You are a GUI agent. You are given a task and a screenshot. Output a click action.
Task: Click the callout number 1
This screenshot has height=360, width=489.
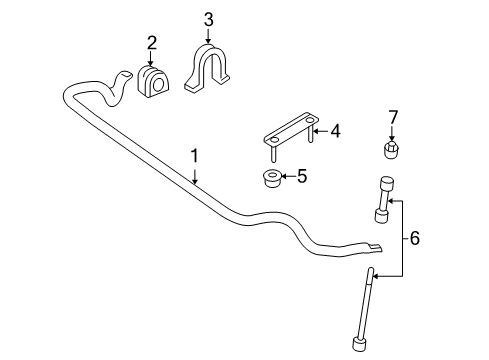pos(194,156)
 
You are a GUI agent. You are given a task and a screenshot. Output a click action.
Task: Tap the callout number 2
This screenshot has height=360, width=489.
pos(152,43)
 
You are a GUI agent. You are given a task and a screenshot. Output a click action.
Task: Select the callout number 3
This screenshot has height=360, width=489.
pos(208,20)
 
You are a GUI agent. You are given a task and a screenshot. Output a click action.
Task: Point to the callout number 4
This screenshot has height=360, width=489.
pos(335,131)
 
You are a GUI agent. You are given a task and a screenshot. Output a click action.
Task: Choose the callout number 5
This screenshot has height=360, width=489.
pos(302,176)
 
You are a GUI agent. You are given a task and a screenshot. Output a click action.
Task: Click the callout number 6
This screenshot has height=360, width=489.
pos(415,238)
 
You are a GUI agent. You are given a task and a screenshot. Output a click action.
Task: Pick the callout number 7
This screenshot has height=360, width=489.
pos(393,118)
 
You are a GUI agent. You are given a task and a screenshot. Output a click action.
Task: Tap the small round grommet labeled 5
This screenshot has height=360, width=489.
pos(273,178)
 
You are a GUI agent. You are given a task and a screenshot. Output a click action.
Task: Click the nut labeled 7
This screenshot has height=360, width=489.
pos(391,150)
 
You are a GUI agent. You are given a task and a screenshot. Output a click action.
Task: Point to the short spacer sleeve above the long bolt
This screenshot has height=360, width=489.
pos(384,200)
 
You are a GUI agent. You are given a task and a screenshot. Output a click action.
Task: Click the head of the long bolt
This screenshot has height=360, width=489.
pos(359,344)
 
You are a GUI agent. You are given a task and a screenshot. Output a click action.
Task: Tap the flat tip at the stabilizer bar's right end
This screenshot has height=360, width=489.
pos(376,247)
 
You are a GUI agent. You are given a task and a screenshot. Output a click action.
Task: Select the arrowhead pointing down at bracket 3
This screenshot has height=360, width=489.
pos(208,40)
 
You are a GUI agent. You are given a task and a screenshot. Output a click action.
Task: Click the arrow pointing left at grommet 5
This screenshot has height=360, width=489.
pos(289,175)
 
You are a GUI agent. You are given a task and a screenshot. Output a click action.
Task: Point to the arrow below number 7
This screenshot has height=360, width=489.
pos(392,133)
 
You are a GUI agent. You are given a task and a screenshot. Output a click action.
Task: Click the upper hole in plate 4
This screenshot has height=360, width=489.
pos(310,119)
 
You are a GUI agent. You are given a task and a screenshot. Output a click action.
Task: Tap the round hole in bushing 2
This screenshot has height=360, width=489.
pos(158,85)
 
